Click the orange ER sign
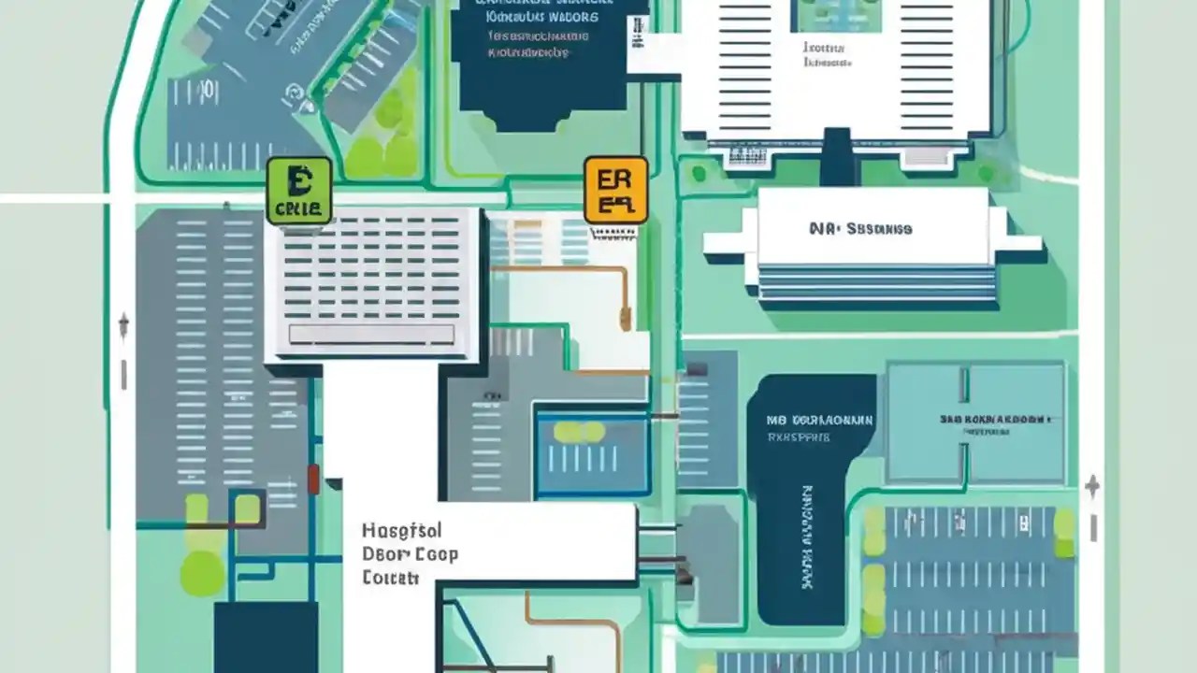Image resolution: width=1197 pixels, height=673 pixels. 615,190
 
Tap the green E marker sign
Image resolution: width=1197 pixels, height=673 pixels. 299,191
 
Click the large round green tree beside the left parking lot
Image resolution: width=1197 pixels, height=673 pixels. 202,572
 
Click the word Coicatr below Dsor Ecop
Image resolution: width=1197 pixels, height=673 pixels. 390,578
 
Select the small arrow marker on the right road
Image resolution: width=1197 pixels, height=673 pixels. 1091,487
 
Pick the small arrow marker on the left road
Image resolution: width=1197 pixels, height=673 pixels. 123,326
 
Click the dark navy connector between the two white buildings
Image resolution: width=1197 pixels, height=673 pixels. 838,157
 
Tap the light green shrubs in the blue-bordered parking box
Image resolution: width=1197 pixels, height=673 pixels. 579,432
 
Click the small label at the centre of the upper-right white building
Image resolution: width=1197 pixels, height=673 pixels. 828,54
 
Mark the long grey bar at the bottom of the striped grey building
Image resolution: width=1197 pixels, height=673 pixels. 371,335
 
